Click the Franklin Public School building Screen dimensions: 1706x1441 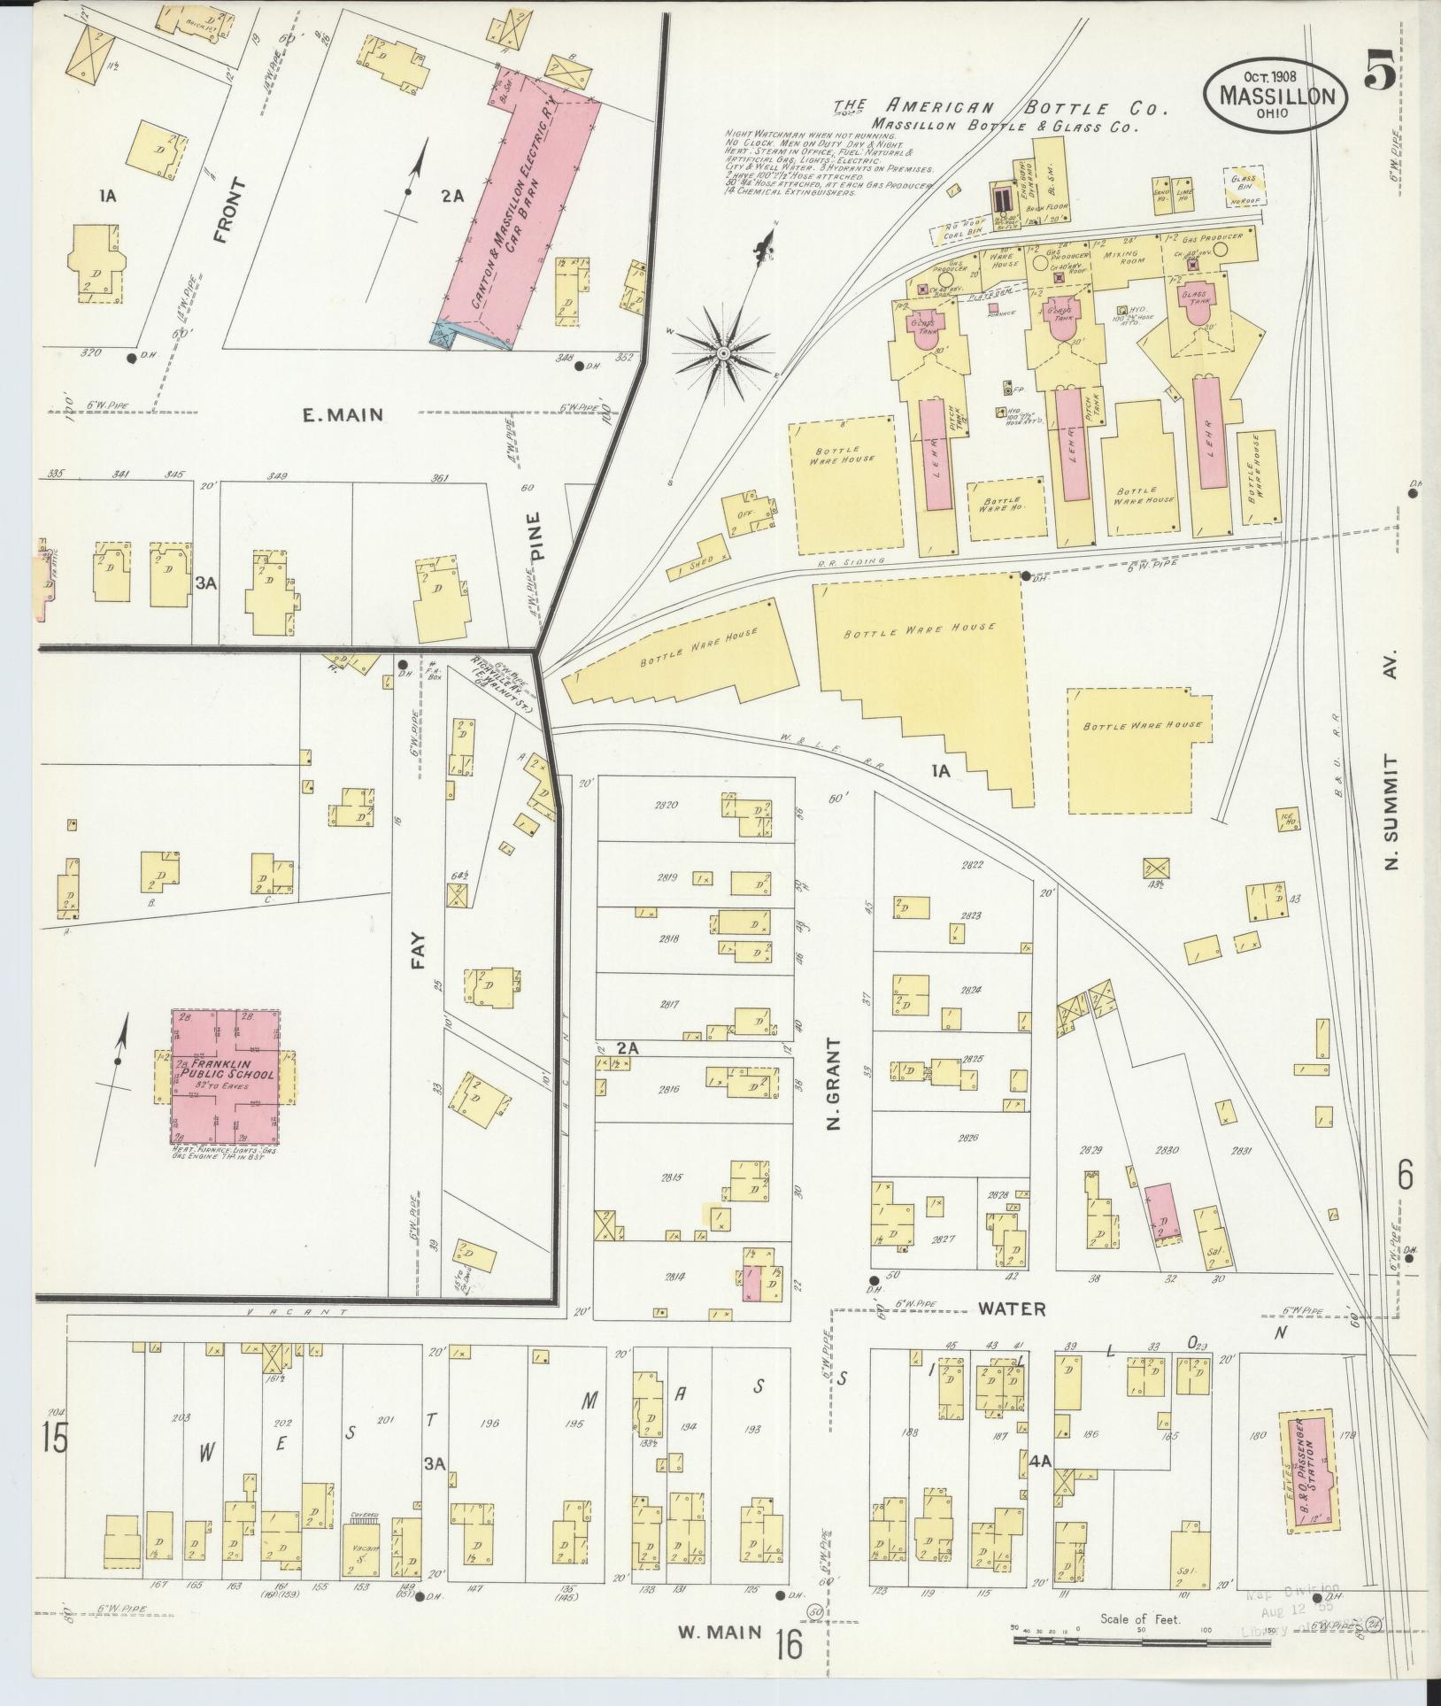225,1077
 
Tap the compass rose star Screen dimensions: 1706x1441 724,354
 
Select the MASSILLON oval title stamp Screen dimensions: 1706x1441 1275,95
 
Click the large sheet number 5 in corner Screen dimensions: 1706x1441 1380,68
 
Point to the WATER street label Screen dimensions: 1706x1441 998,1308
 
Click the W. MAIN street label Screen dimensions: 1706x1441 719,1633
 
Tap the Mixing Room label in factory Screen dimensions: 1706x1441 1123,257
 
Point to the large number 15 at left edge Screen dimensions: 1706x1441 53,1438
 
